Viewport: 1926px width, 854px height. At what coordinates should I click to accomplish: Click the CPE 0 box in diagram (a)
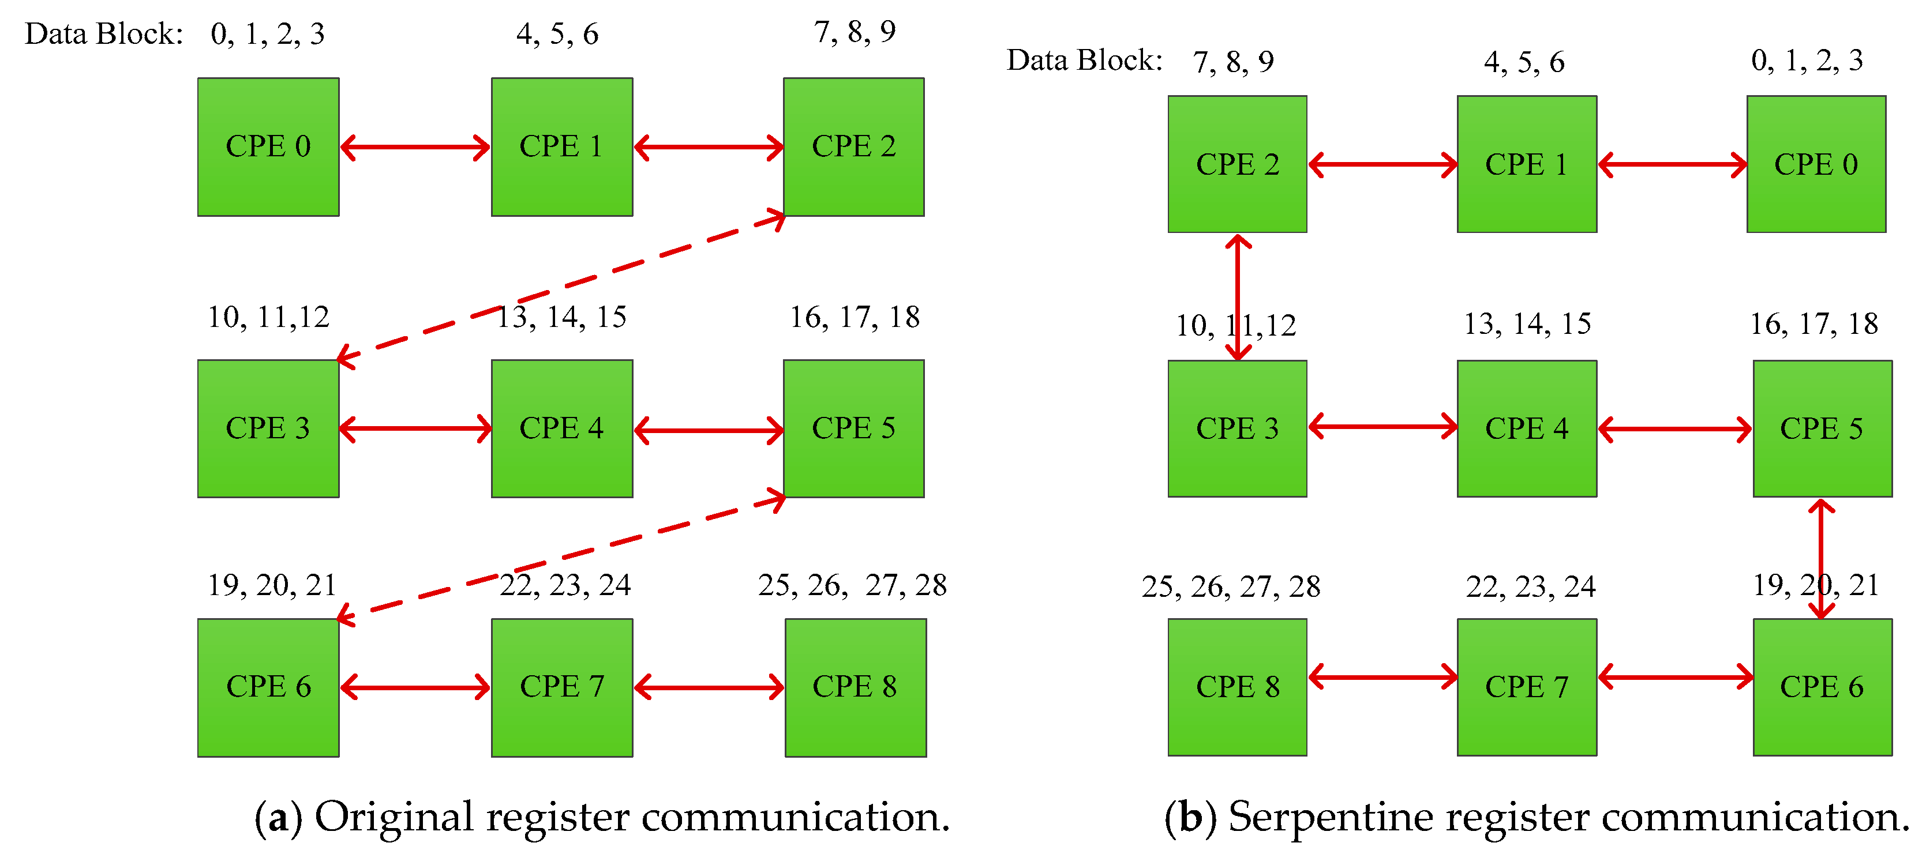[x=268, y=147]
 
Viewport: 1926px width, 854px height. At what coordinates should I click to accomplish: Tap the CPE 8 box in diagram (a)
[x=855, y=687]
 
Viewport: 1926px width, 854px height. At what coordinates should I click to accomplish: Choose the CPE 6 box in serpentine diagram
[x=1822, y=687]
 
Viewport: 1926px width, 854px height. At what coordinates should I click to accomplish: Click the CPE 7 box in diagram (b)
[x=1526, y=687]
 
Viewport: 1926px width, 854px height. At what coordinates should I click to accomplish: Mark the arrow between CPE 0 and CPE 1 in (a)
[x=415, y=147]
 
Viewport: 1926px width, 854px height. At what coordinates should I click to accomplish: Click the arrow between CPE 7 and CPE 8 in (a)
[x=709, y=687]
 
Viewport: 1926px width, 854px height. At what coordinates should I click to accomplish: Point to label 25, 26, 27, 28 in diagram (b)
[x=1230, y=586]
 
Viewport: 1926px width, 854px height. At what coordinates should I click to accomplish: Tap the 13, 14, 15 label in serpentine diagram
[x=1526, y=323]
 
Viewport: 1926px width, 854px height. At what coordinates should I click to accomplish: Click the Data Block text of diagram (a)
[x=103, y=33]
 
